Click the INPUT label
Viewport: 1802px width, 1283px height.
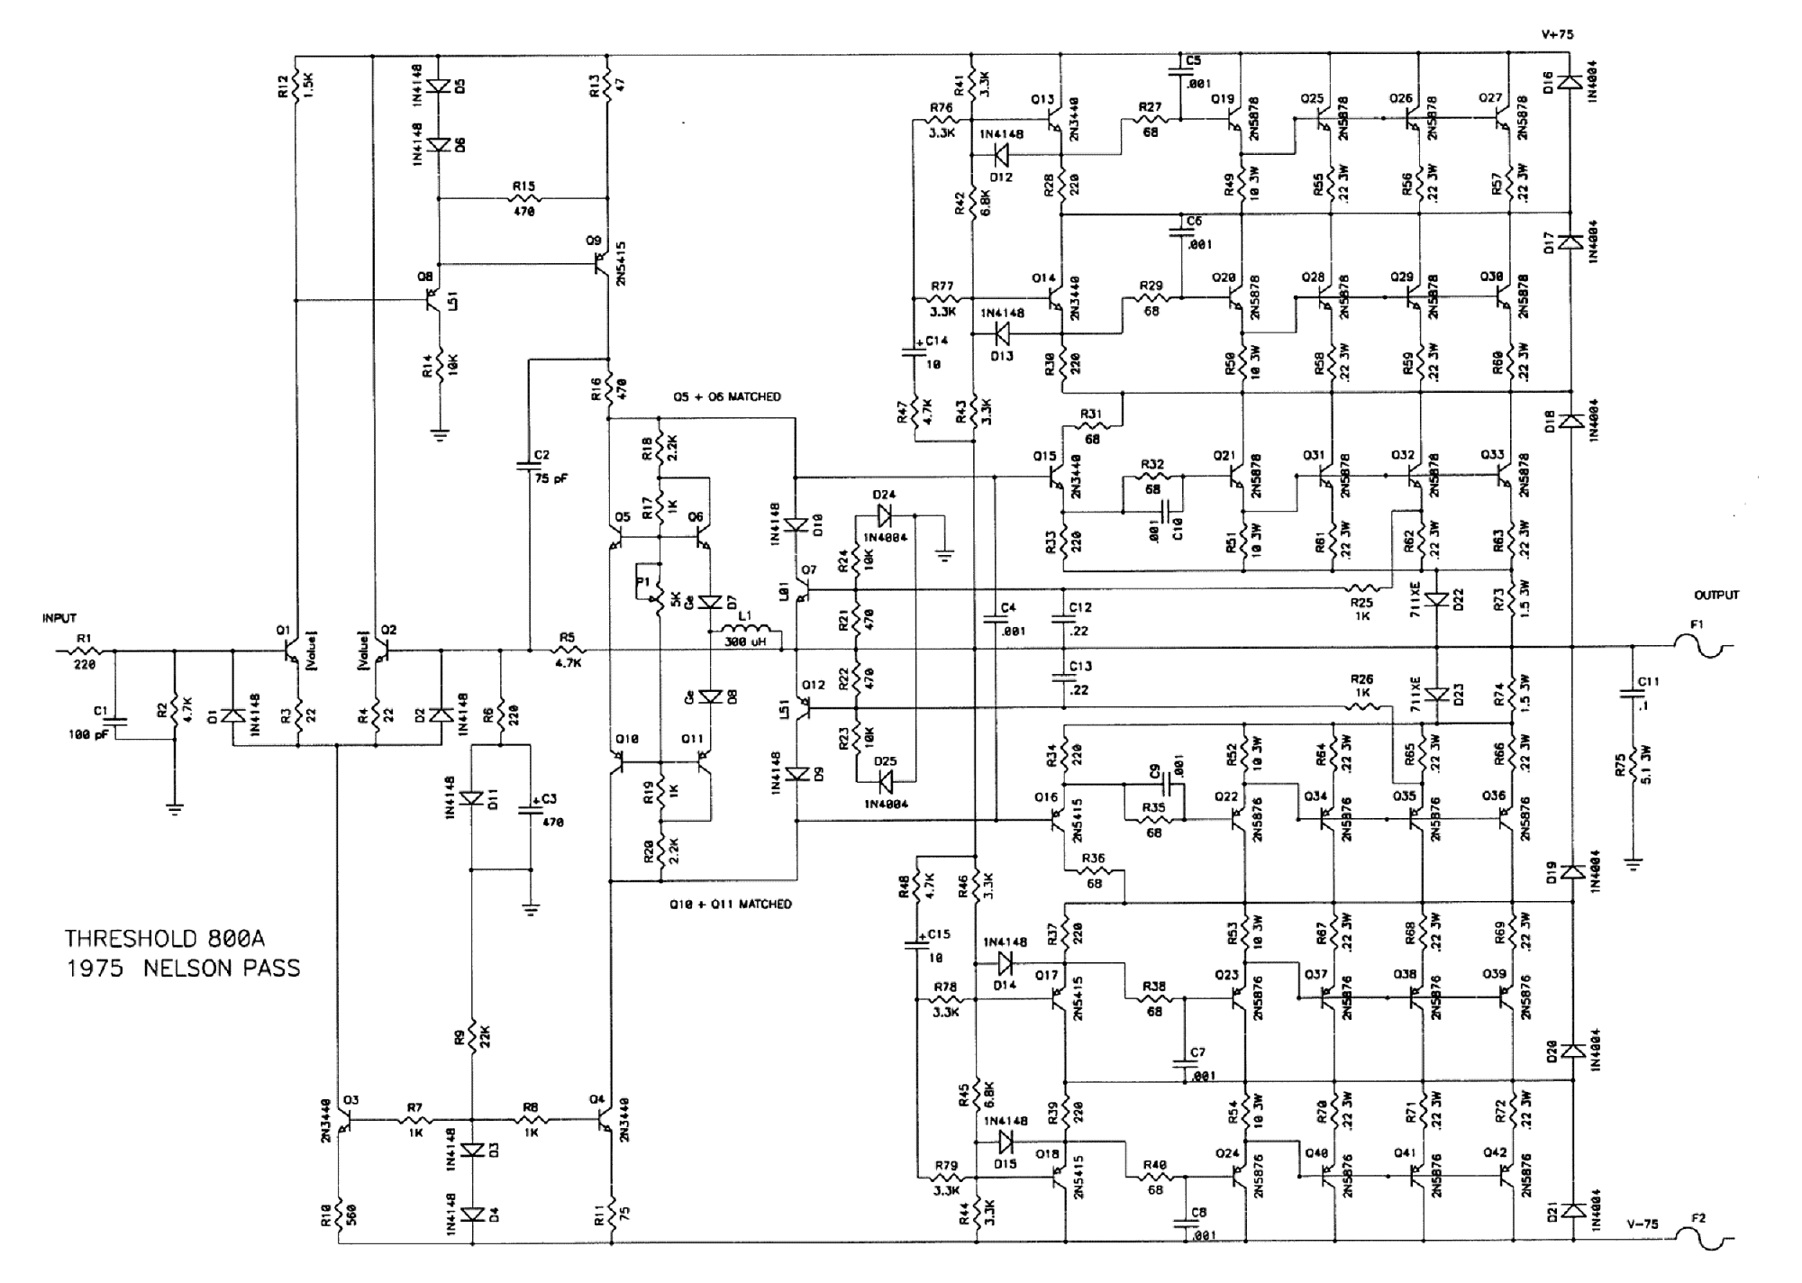click(x=59, y=618)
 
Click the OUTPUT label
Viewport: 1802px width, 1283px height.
click(x=1716, y=595)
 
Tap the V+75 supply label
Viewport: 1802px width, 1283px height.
click(x=1557, y=34)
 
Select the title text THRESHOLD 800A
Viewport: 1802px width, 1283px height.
click(x=164, y=939)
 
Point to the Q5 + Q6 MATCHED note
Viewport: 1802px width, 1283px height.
click(x=726, y=396)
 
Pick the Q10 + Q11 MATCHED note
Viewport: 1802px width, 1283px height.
click(x=730, y=904)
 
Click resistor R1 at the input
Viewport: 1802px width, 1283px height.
click(x=86, y=650)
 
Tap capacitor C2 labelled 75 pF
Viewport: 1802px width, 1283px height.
click(x=530, y=466)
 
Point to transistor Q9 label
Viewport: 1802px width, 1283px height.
click(x=593, y=241)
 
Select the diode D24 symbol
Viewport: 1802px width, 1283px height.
click(x=884, y=515)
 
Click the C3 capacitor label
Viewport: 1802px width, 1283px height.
click(x=547, y=799)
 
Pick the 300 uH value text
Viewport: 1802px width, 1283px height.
click(x=743, y=642)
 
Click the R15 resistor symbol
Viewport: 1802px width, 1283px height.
click(x=523, y=198)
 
